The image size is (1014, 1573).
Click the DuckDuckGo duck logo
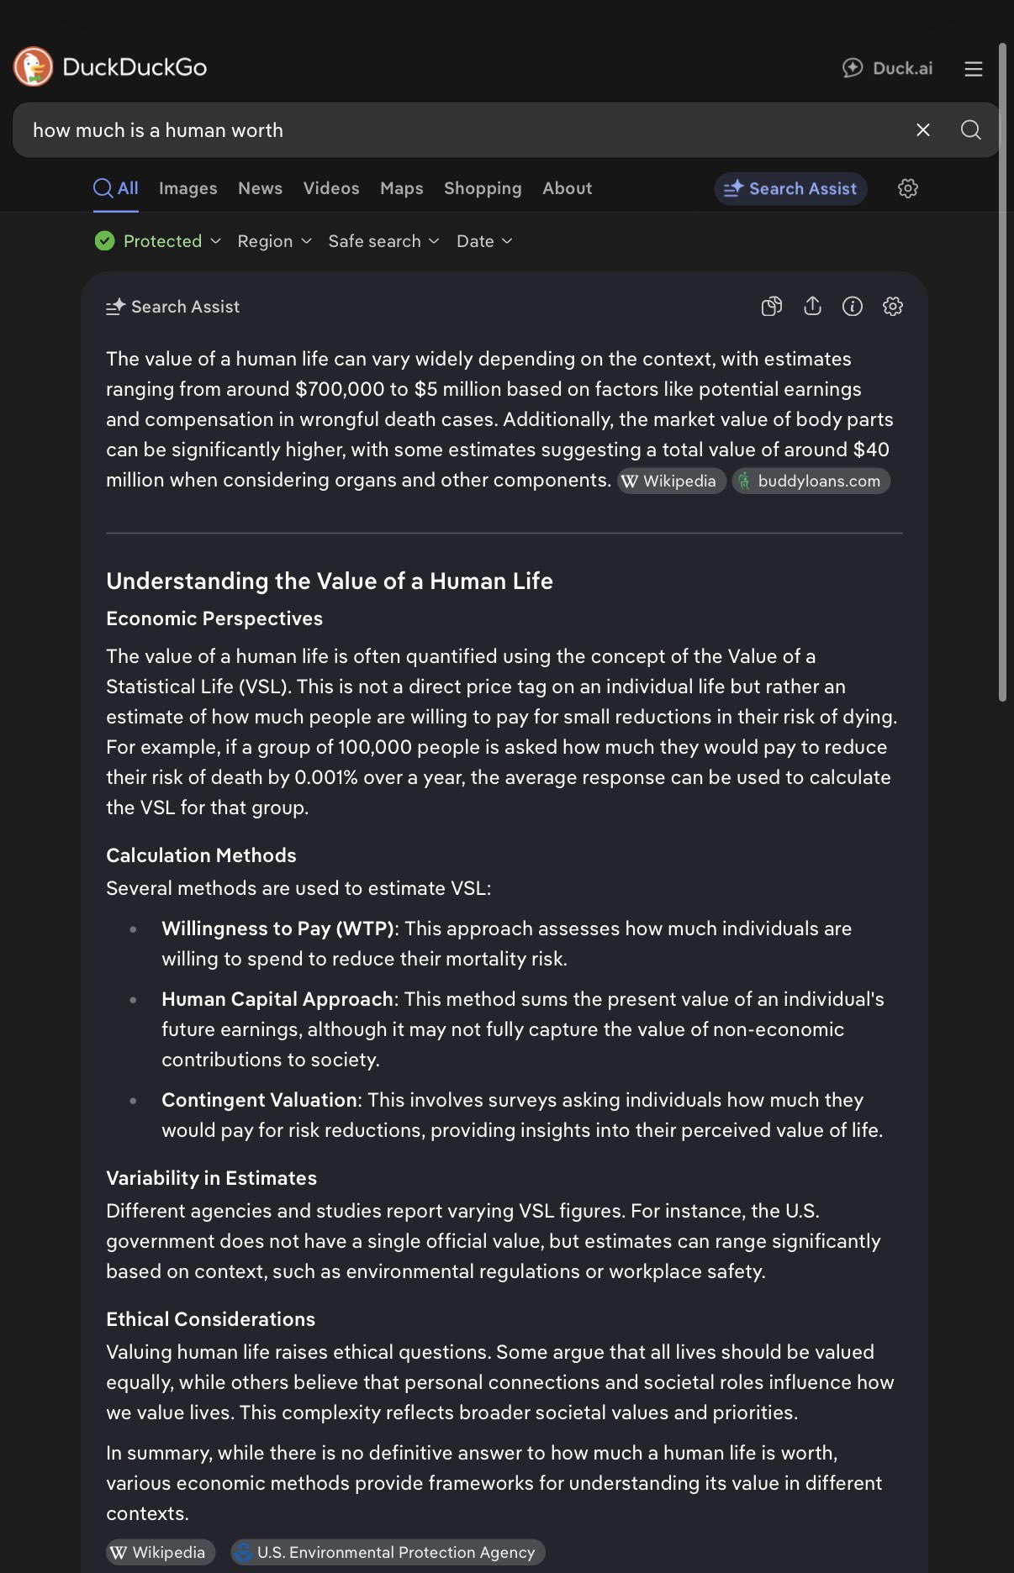coord(34,67)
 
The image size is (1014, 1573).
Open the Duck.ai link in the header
coord(888,68)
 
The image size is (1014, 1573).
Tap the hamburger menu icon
coord(973,69)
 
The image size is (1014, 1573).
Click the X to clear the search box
coord(922,130)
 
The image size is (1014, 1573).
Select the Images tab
coord(187,188)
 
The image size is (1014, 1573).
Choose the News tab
coord(260,188)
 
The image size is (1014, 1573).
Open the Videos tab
coord(331,188)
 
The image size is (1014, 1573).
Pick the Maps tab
coord(401,188)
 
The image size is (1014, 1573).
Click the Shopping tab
coord(483,188)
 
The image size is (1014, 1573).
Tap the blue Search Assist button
coord(790,189)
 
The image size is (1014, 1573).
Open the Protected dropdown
coord(158,241)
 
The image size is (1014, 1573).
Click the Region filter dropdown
coord(274,241)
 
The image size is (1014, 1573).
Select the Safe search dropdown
coord(383,241)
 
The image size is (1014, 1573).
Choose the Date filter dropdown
coord(484,241)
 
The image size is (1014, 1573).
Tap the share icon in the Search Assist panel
coord(812,307)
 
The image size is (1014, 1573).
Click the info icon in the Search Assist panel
coord(853,307)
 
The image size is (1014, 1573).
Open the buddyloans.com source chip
coord(811,481)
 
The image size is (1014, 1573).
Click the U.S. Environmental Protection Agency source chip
coord(388,1552)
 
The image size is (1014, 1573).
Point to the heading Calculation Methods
coord(201,855)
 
